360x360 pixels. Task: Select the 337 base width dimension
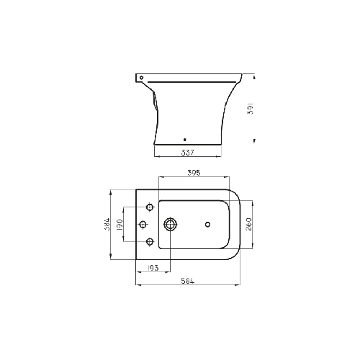[x=186, y=153]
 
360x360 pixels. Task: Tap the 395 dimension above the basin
[x=194, y=174]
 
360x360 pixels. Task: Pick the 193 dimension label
[x=153, y=268]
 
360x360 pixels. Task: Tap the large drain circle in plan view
[x=171, y=224]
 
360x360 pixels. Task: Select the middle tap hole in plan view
[x=143, y=224]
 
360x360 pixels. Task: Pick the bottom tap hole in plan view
[x=150, y=241]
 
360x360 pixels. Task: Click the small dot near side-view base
[x=186, y=140]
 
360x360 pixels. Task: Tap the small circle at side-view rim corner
[x=141, y=76]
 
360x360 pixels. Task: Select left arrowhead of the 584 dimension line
[x=137, y=284]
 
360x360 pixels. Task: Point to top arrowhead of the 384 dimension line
[x=110, y=191]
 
